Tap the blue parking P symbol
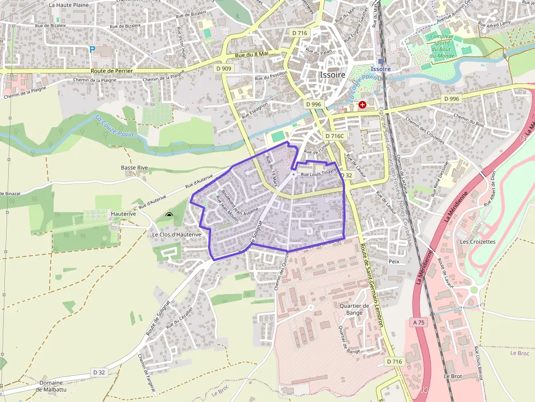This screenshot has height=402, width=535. point(92,49)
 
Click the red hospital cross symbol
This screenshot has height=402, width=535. point(362,104)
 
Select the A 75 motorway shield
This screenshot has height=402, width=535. point(419,322)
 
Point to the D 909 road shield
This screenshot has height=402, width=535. point(224,69)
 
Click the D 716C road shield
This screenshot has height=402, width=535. point(335,135)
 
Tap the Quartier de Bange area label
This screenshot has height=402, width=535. point(351,309)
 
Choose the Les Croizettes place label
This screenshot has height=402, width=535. point(477,241)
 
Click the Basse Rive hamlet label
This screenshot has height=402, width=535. point(134,167)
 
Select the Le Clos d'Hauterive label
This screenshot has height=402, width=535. point(176,235)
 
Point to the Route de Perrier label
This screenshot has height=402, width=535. point(111,71)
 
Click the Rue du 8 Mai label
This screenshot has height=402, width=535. point(252,54)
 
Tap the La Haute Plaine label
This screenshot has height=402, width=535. point(68,5)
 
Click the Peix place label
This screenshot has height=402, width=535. point(394,261)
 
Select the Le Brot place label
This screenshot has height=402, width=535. point(453,376)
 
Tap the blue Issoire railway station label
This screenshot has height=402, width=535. point(381,69)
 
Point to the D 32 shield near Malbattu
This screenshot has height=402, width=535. point(99,372)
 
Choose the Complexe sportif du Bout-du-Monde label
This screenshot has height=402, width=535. point(442,46)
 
